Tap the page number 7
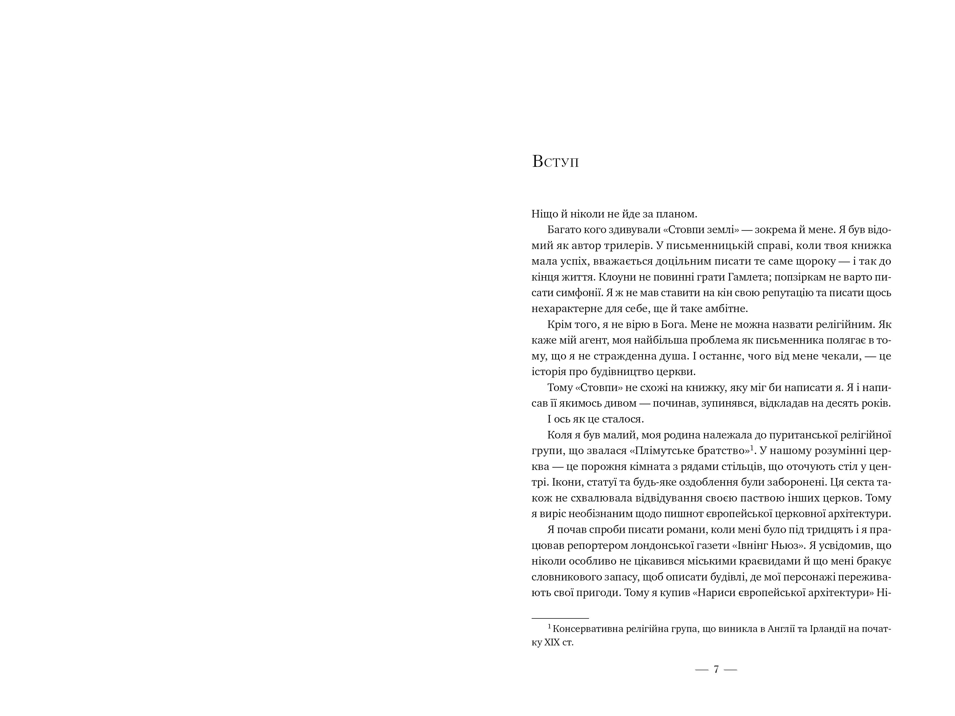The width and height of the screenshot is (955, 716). (x=716, y=669)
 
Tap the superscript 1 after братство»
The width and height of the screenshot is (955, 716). (x=752, y=448)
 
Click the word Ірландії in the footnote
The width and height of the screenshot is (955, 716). (x=828, y=629)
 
